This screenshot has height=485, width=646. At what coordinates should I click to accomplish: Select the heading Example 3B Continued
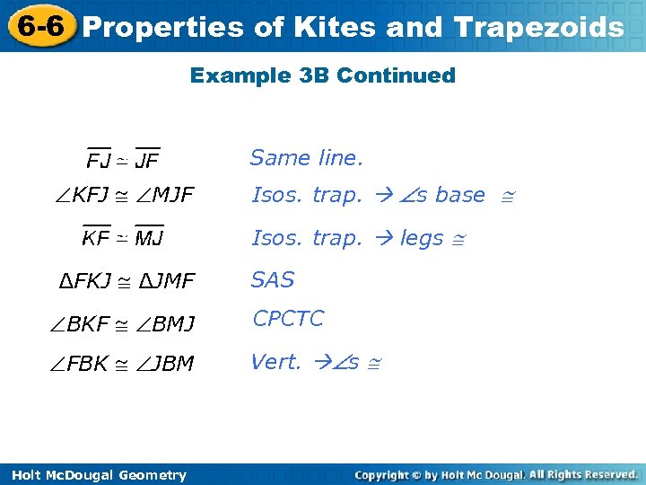[x=323, y=75]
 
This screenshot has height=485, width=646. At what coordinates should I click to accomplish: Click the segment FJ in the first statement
[x=99, y=162]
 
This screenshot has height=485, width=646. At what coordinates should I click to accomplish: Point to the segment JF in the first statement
[x=147, y=162]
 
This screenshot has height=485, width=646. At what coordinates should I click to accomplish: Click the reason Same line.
[x=306, y=158]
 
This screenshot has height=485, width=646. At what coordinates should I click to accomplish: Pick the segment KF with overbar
[x=96, y=238]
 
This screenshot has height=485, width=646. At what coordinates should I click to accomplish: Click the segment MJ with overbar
[x=149, y=238]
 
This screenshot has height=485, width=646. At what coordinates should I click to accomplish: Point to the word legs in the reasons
[x=422, y=238]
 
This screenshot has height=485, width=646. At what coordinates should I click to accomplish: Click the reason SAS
[x=273, y=279]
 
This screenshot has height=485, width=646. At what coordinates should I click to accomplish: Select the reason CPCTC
[x=288, y=319]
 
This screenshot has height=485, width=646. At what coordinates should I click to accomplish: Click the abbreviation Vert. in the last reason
[x=276, y=362]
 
